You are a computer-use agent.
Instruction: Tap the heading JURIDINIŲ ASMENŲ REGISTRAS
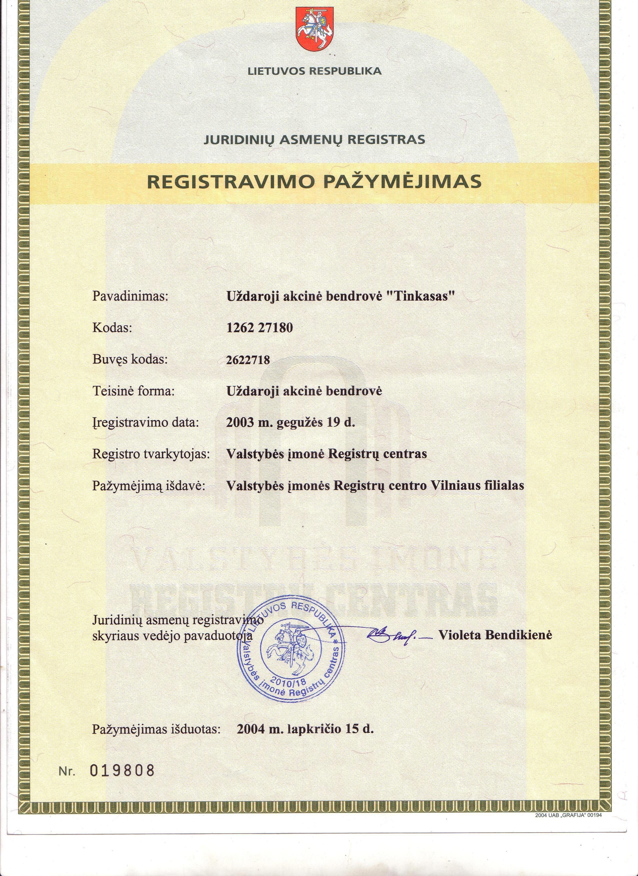pyautogui.click(x=314, y=139)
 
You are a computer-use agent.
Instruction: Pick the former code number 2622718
pyautogui.click(x=248, y=360)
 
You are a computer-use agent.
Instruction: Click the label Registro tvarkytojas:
pyautogui.click(x=151, y=453)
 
